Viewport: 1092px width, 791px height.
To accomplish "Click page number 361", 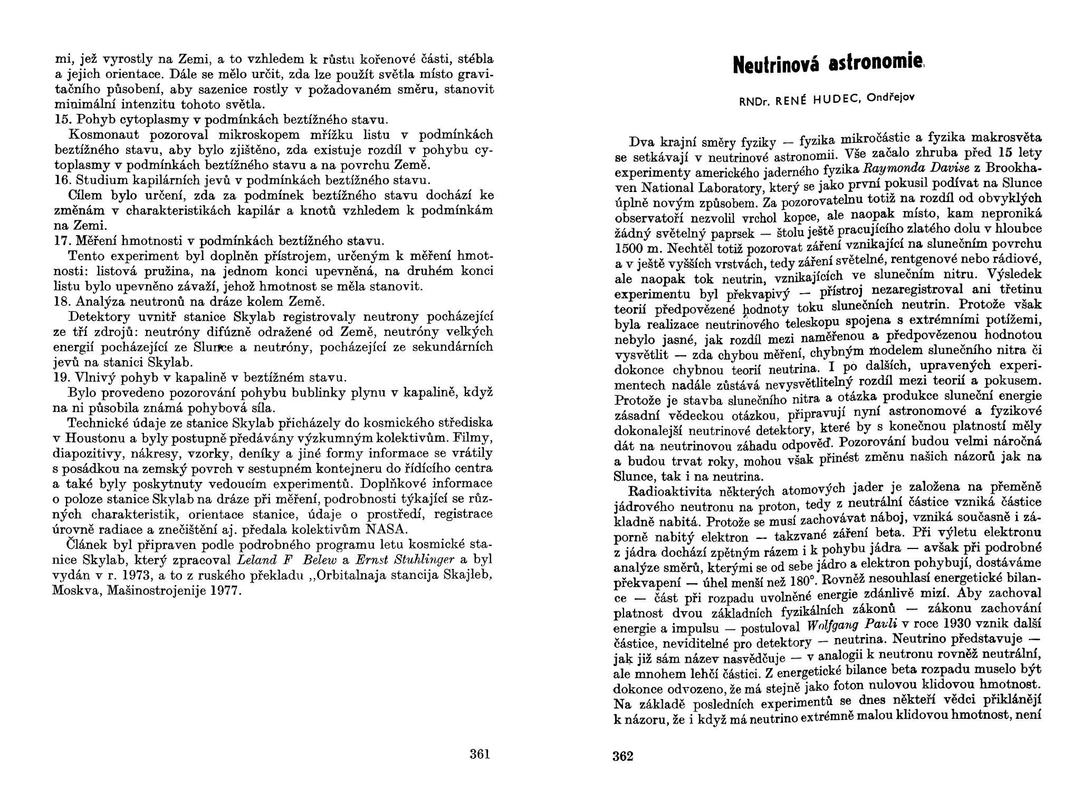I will pos(480,754).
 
